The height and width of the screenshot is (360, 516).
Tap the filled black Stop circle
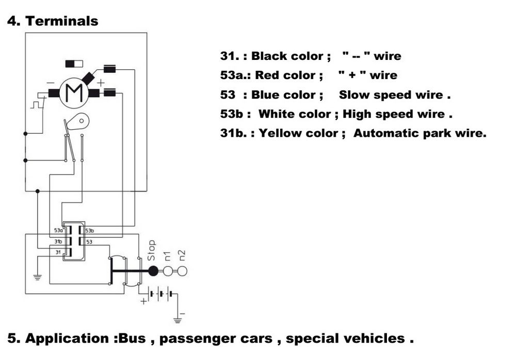pos(153,270)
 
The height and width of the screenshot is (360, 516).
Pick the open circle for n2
pos(182,270)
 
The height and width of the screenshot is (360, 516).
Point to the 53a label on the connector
pos(58,231)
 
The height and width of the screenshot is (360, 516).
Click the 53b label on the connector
pos(89,231)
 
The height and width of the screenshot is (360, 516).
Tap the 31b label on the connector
pos(58,241)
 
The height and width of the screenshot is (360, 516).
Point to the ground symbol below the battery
pos(178,320)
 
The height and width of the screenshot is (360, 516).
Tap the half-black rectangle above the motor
pos(74,64)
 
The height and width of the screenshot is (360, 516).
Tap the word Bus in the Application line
pos(131,339)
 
